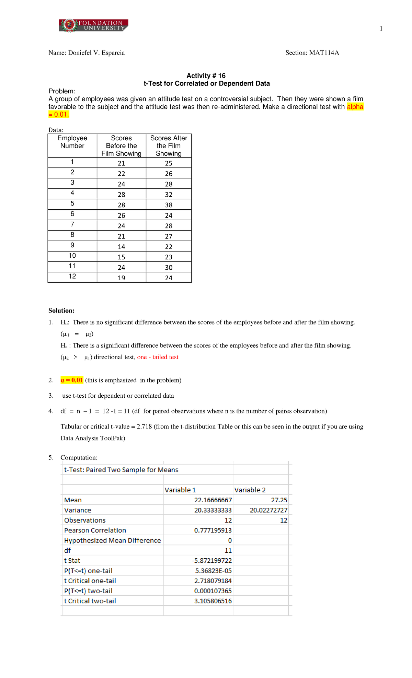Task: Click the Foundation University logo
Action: (x=93, y=25)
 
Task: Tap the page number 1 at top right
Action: (x=381, y=28)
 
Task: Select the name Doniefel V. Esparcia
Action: (x=96, y=53)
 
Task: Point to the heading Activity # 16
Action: (x=206, y=75)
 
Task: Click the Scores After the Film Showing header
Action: (x=169, y=146)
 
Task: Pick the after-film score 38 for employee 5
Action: (x=169, y=205)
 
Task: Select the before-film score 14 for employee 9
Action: (x=122, y=247)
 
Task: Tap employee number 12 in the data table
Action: (x=72, y=276)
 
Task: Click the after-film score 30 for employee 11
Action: (x=169, y=267)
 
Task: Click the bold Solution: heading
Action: (x=61, y=311)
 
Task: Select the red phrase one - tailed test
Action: (x=158, y=357)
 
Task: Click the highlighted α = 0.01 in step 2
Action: (x=72, y=380)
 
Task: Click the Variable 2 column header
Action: (x=250, y=490)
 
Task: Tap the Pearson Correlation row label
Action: (x=95, y=530)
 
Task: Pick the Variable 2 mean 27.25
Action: (x=279, y=500)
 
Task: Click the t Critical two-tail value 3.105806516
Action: (x=213, y=601)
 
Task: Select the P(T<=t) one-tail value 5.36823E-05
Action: (x=213, y=571)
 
